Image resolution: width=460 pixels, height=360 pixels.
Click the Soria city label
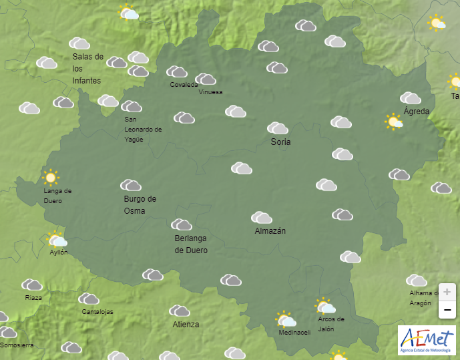(x=281, y=142)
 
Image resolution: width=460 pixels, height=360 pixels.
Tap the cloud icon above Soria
(x=278, y=128)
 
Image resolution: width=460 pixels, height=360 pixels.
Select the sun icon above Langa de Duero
(x=50, y=178)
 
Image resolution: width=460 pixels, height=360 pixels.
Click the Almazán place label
(x=270, y=231)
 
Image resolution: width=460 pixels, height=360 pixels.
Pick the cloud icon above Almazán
(x=262, y=218)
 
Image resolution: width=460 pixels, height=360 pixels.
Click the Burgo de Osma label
(x=140, y=204)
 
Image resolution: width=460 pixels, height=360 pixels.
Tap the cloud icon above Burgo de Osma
(x=131, y=185)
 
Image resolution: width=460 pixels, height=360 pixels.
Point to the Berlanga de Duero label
(x=191, y=244)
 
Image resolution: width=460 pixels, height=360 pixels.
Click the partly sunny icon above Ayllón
(x=57, y=239)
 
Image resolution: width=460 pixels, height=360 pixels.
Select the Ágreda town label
(x=417, y=112)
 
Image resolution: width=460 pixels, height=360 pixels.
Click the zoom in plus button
(x=447, y=293)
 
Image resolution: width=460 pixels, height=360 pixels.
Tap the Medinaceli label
(x=294, y=333)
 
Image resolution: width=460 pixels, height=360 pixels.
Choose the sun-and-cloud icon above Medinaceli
(x=286, y=319)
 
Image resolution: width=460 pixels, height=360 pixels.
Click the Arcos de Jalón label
(x=331, y=323)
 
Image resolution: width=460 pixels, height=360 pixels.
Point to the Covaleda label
(x=184, y=85)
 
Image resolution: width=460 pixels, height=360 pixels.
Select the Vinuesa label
(x=210, y=92)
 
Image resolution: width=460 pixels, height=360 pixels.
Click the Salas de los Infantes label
(x=87, y=69)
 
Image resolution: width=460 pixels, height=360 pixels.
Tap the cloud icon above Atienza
(x=180, y=311)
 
